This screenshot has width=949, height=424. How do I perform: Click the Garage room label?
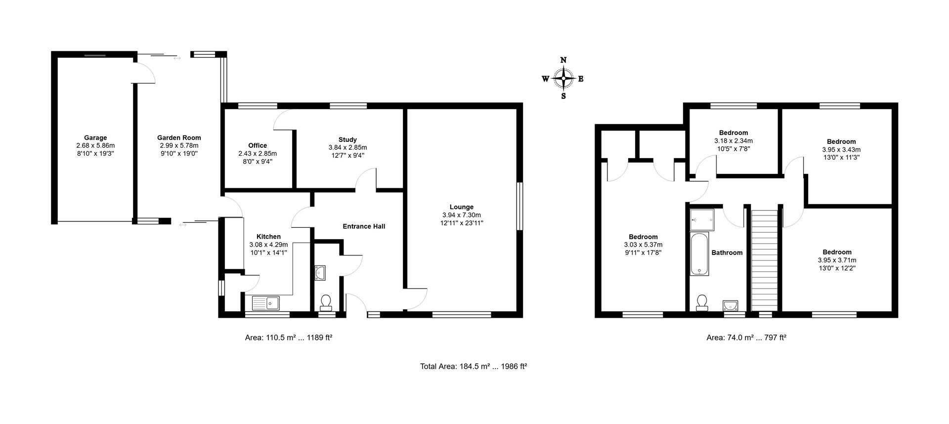[95, 138]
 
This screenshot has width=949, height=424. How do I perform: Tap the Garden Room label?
[179, 138]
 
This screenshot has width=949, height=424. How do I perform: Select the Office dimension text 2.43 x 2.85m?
[258, 154]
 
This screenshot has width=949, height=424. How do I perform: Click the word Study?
[347, 139]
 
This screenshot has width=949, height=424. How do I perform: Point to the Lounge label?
[462, 207]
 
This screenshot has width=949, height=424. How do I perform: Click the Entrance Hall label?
[364, 226]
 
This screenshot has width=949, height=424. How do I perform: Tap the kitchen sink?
[265, 302]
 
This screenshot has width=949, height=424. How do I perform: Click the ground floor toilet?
[326, 301]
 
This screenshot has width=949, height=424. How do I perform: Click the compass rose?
[563, 78]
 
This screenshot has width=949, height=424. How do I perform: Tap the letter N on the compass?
[563, 60]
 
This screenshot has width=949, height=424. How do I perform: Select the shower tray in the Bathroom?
[702, 219]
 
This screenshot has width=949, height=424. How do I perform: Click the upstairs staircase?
[764, 259]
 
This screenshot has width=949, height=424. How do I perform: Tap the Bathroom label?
[727, 253]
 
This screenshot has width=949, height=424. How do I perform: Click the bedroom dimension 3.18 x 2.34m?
[733, 141]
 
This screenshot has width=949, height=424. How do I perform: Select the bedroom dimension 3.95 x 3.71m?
[837, 260]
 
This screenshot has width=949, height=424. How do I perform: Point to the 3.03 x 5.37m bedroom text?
[643, 245]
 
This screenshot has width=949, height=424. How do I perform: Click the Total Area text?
[474, 367]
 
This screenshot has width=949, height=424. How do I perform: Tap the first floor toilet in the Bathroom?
[702, 302]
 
